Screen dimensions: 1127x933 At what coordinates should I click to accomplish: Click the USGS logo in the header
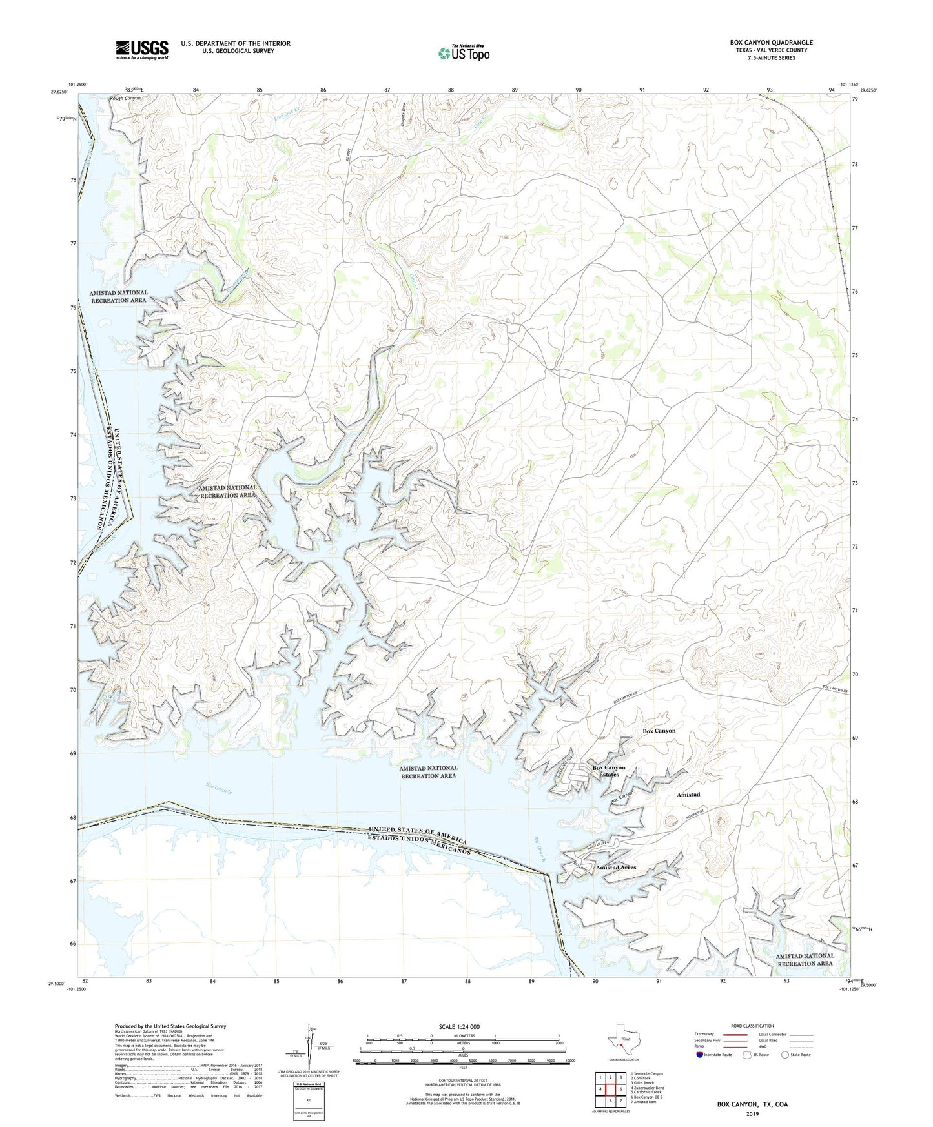click(141, 49)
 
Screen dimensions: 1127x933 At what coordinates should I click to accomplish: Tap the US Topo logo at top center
click(464, 54)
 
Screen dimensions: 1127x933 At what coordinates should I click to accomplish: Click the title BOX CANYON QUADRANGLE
click(771, 43)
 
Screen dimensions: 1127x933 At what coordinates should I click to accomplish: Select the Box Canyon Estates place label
click(608, 771)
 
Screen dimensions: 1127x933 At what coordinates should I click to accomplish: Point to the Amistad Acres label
click(616, 868)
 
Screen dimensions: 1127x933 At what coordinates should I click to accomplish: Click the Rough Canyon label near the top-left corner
click(125, 98)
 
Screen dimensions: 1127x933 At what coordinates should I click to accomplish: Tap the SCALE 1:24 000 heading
click(458, 1027)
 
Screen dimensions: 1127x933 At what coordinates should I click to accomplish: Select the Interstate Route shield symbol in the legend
click(701, 1055)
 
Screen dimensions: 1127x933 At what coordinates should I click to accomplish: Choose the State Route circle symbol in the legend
click(785, 1055)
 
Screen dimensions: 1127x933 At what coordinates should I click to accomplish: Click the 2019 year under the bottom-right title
click(752, 1113)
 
